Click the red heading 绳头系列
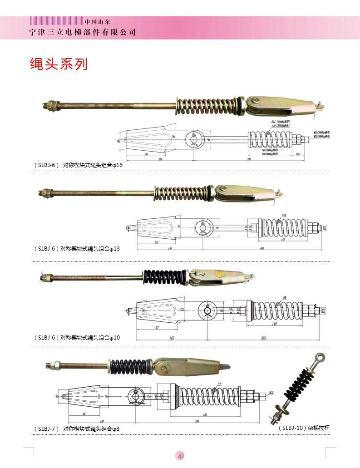click(x=59, y=64)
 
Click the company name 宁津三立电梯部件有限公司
click(x=82, y=32)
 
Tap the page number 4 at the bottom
click(x=180, y=456)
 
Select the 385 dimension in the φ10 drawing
click(x=263, y=339)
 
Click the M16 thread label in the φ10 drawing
click(x=323, y=311)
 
